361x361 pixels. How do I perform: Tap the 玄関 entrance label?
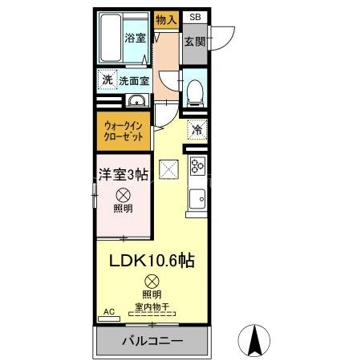tap(194, 42)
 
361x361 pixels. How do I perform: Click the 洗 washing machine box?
tap(107, 79)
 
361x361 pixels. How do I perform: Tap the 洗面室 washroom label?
tap(134, 80)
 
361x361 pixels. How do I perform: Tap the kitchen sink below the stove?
tap(197, 197)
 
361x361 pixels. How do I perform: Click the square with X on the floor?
tap(168, 169)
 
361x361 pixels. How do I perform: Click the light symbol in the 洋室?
tap(124, 194)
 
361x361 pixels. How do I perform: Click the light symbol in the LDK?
tap(152, 281)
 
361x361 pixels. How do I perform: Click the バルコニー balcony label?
tap(152, 340)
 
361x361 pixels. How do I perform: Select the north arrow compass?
tap(254, 340)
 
